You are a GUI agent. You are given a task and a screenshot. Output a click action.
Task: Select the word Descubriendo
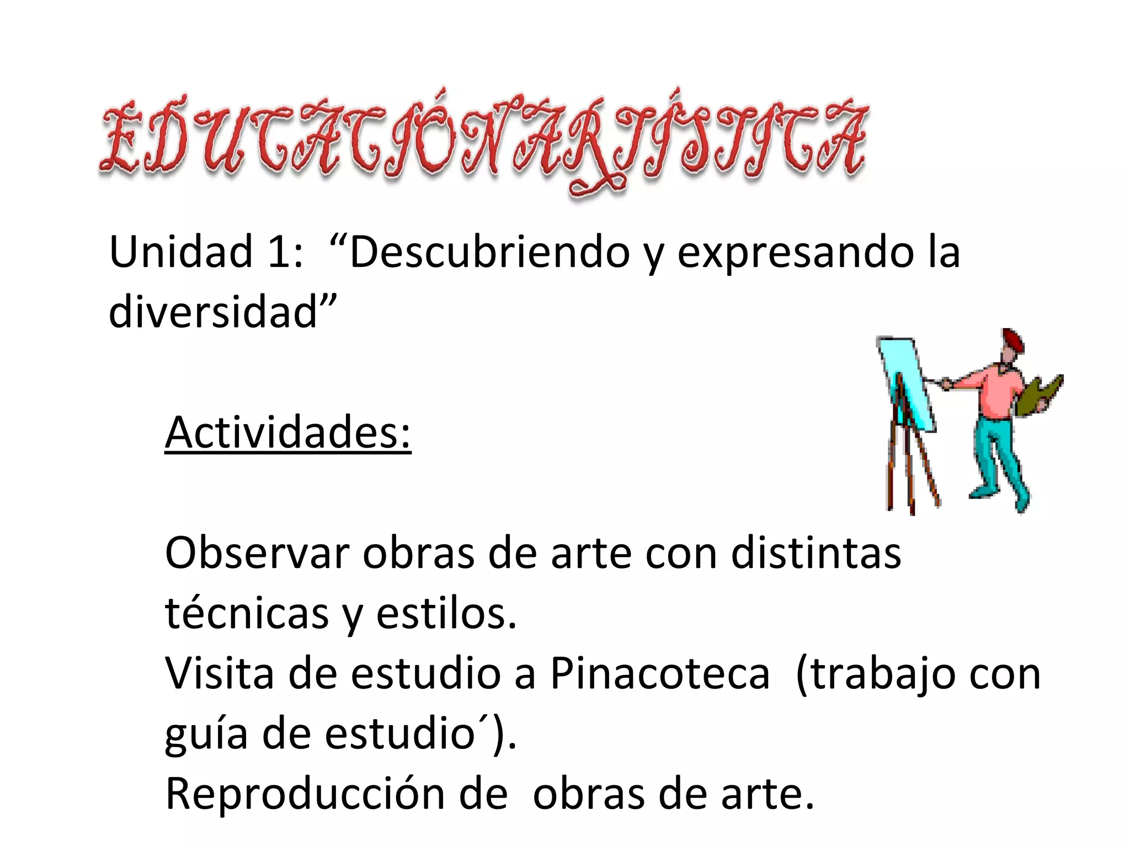[489, 252]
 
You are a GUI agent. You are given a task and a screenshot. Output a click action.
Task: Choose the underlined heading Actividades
[287, 433]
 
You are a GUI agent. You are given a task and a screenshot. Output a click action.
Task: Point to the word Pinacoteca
[660, 673]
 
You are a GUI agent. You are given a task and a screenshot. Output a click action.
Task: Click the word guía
[206, 735]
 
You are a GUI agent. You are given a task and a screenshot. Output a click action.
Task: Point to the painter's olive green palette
[1037, 397]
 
